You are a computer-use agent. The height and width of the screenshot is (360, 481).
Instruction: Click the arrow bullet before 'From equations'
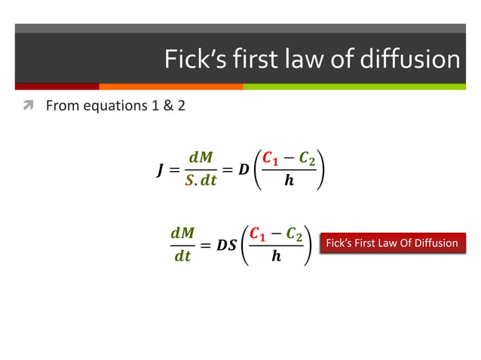click(x=28, y=106)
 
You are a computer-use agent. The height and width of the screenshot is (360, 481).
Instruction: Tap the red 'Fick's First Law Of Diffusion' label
click(x=391, y=243)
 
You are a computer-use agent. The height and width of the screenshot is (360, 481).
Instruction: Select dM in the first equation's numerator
click(x=200, y=157)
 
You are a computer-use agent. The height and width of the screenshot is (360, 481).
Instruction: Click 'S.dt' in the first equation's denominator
click(x=201, y=181)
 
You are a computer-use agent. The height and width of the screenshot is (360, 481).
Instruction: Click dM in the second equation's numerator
click(x=182, y=233)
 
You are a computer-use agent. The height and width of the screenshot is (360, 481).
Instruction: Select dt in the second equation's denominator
click(x=182, y=257)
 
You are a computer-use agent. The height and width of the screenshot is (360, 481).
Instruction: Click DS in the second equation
click(x=225, y=246)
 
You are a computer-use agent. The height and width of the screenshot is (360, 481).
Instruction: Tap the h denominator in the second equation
click(x=276, y=257)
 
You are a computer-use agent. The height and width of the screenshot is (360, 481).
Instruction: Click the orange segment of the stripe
click(x=170, y=86)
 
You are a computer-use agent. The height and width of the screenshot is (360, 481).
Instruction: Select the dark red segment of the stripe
click(x=57, y=86)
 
